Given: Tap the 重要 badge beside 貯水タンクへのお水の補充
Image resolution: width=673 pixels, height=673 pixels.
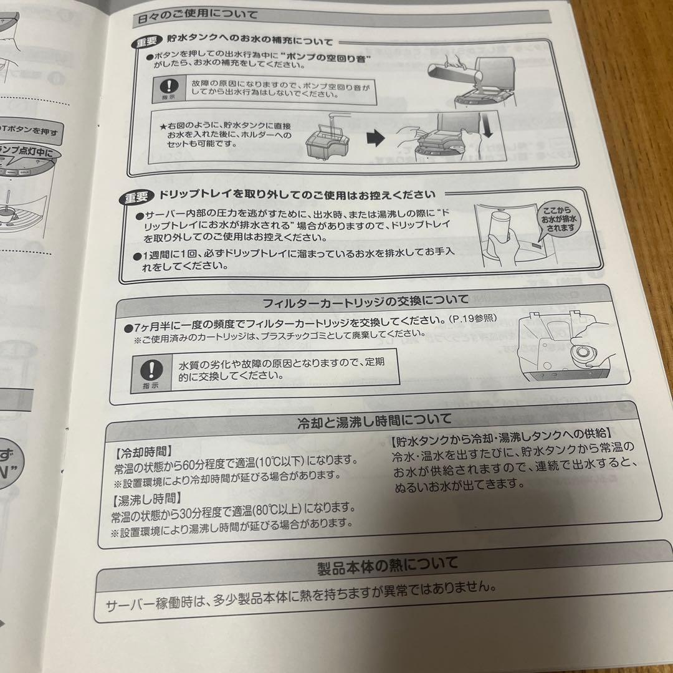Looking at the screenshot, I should tap(148, 43).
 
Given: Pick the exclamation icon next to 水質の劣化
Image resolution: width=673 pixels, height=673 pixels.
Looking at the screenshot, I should tap(148, 370).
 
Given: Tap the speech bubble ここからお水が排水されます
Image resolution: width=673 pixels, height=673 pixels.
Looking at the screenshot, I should tap(556, 219).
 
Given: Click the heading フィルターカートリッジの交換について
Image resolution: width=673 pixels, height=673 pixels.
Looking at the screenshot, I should tap(366, 303).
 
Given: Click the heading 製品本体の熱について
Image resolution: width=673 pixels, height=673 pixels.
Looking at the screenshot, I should tap(387, 565).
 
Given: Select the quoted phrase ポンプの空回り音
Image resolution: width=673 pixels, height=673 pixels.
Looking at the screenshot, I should tap(320, 57).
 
